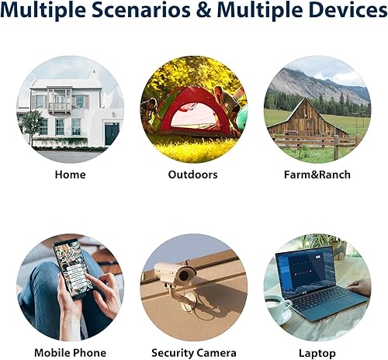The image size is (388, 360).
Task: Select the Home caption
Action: [70, 175]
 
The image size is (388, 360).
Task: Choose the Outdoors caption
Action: [193, 175]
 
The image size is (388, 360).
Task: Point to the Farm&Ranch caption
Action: [316, 175]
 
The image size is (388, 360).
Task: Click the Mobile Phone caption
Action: [70, 353]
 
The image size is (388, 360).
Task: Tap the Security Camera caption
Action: [193, 353]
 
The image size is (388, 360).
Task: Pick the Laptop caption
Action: [316, 353]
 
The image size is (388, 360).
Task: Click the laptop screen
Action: [304, 272]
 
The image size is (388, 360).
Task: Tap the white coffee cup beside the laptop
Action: [277, 309]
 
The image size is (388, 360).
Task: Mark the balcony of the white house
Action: [59, 100]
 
